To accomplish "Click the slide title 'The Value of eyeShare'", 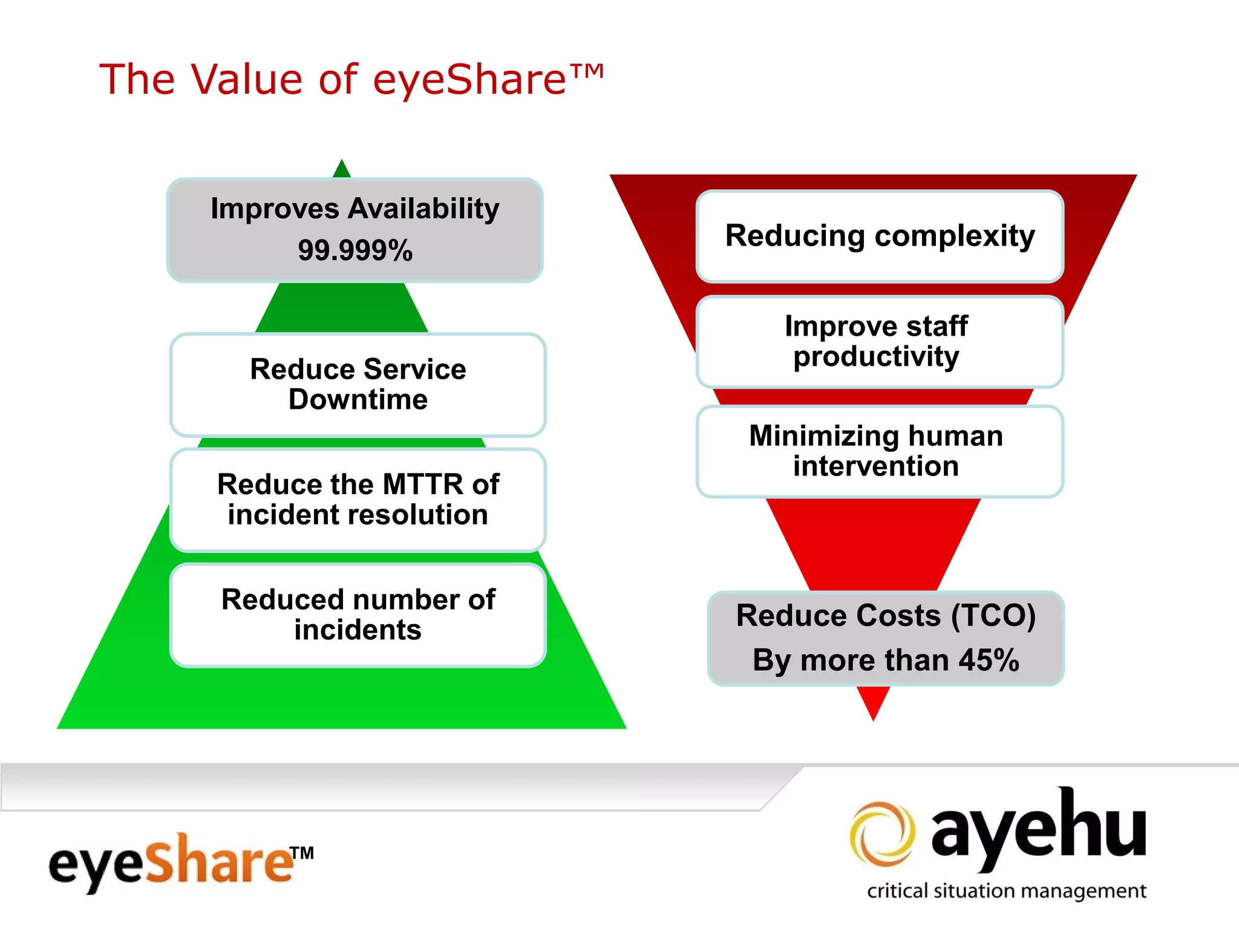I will (351, 79).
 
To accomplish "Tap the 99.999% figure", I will (355, 250).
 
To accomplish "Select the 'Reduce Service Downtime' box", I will (358, 385).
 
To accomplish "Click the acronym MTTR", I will (423, 484).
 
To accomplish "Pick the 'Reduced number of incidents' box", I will (358, 615).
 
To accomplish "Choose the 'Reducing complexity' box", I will (880, 236).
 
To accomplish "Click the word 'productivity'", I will (876, 357).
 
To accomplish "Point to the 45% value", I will (989, 660).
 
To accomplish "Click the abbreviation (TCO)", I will (993, 616).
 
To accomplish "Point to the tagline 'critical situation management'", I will (1006, 891).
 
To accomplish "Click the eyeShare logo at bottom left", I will (172, 863).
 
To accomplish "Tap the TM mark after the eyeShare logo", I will (301, 853).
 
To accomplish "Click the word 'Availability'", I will (423, 209).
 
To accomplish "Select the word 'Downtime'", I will (358, 400).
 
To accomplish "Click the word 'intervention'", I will (876, 466).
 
